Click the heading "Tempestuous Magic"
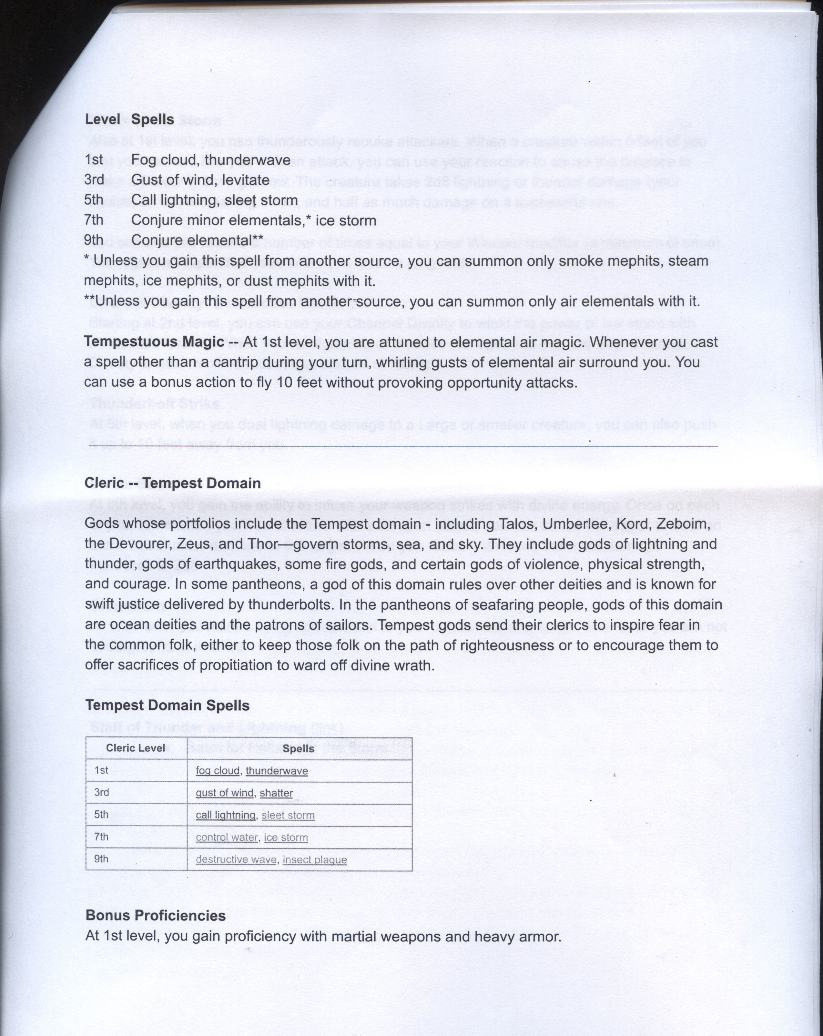click(154, 342)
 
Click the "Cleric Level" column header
click(136, 748)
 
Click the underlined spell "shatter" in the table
click(276, 793)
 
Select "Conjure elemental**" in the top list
click(197, 240)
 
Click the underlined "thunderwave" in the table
click(277, 771)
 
